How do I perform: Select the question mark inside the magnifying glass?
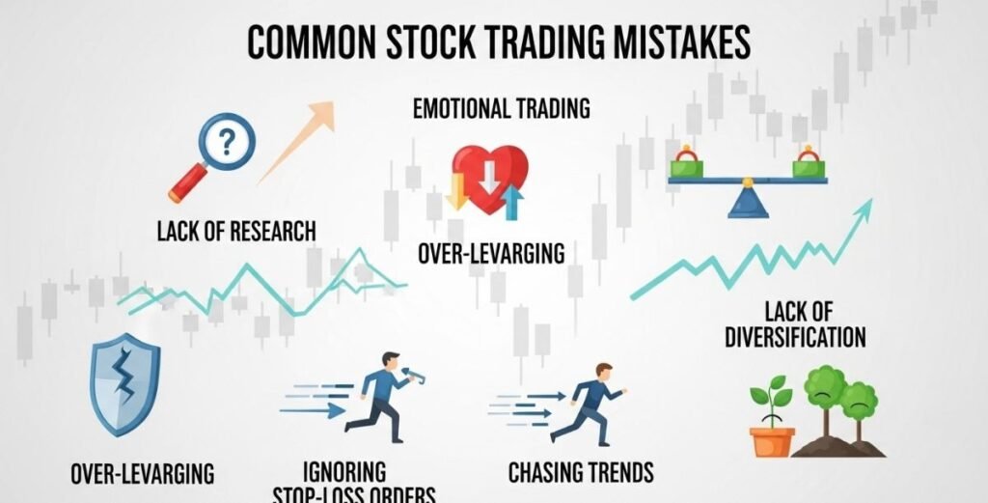226,142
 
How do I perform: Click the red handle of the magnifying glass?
187,182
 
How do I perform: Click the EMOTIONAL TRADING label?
501,108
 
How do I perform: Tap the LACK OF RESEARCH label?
236,232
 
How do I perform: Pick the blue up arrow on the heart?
512,203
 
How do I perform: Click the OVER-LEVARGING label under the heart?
491,254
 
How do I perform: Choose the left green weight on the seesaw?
687,165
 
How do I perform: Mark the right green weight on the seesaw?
809,165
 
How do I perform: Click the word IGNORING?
344,472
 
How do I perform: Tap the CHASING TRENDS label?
581,472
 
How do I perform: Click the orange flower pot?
772,441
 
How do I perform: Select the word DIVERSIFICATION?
795,337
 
